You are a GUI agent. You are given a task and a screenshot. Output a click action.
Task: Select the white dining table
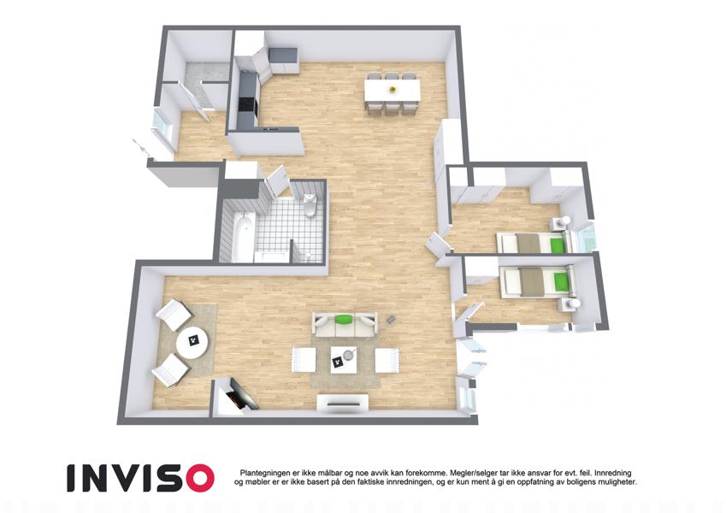[x=393, y=90]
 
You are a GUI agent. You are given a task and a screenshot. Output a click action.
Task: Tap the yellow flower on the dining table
[x=393, y=88]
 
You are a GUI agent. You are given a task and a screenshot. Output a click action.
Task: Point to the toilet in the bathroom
[x=310, y=205]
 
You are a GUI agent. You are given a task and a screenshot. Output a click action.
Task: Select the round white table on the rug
[x=192, y=343]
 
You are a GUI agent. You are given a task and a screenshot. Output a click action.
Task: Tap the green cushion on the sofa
[x=343, y=319]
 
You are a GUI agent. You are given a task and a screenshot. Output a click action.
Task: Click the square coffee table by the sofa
[x=343, y=359]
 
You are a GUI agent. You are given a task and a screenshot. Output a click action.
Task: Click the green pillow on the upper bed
[x=558, y=243]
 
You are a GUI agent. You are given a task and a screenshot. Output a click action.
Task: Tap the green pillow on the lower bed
[x=561, y=281]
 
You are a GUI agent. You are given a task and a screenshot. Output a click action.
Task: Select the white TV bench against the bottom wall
[x=343, y=402]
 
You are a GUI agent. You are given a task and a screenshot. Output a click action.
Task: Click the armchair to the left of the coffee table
[x=304, y=360]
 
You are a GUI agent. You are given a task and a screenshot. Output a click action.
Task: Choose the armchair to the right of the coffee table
[x=387, y=360]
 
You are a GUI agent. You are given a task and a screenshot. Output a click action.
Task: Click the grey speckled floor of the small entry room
[x=205, y=72]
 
